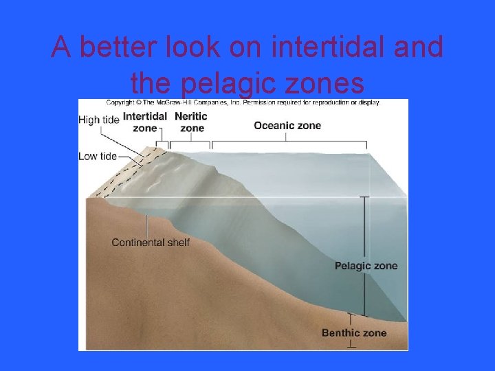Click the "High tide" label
coord(98,120)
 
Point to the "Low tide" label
coord(98,156)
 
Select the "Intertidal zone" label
coord(144,122)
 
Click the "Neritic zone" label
coord(191,122)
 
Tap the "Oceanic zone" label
coord(287,125)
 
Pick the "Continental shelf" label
coord(151,242)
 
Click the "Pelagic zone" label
coord(366,266)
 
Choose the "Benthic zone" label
coord(354,333)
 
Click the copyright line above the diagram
coord(242,102)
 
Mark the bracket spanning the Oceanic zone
coord(289,143)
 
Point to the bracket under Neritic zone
coord(190,143)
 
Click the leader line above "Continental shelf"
coord(146,225)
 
